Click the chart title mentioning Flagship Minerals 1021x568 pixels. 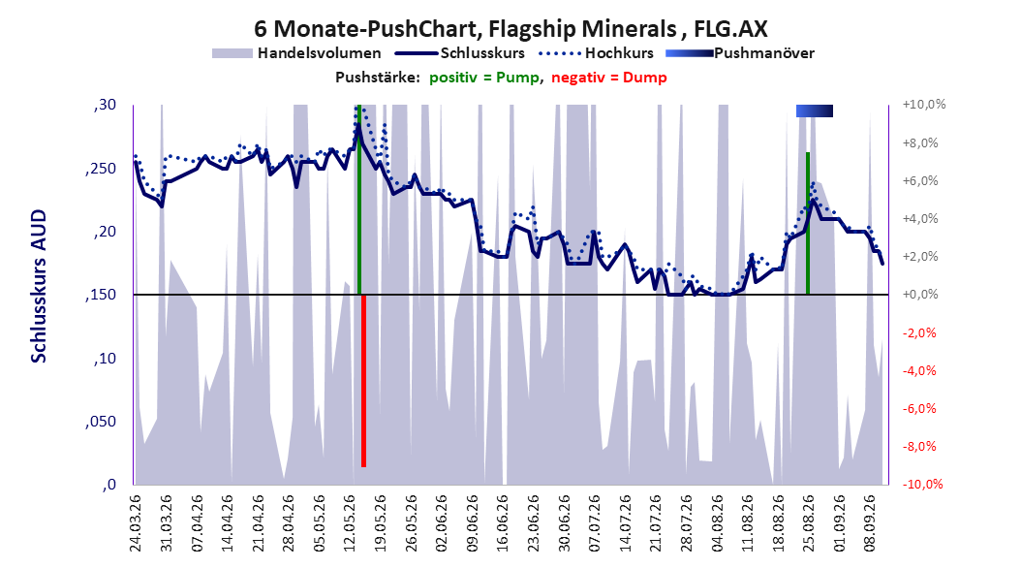[x=510, y=29]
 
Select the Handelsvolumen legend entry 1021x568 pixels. [x=297, y=53]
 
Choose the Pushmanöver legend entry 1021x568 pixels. [x=740, y=53]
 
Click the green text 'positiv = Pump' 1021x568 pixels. [x=484, y=78]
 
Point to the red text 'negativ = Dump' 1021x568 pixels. [x=609, y=78]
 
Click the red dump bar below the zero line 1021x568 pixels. [x=364, y=381]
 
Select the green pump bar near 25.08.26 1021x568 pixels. [x=808, y=224]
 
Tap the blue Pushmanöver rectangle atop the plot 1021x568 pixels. [x=815, y=110]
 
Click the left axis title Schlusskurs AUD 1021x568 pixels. [x=39, y=287]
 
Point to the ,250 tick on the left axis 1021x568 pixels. [x=101, y=168]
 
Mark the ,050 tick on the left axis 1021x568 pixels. [x=101, y=422]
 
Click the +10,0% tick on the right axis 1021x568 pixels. [x=924, y=105]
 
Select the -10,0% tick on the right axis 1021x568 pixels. [x=922, y=484]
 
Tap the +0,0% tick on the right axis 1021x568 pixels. [x=920, y=295]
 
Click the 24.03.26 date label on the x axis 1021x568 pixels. [x=136, y=523]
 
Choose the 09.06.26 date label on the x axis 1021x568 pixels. [x=472, y=523]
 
